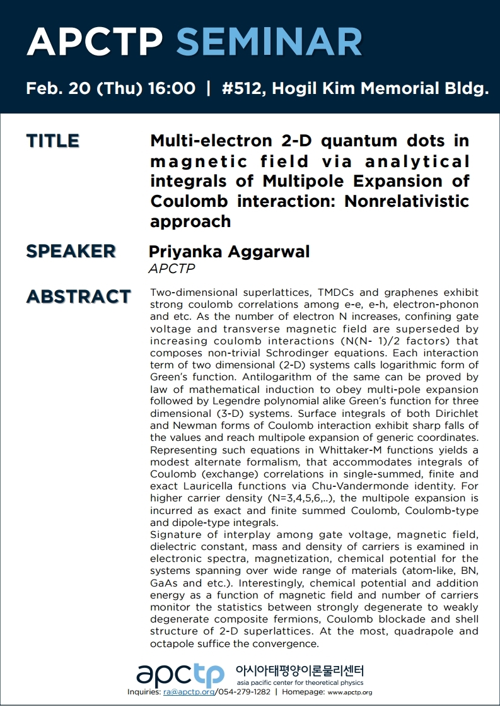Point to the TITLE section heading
(x=53, y=141)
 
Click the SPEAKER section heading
(x=71, y=251)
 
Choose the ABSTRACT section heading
(x=78, y=296)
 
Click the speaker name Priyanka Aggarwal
(x=229, y=252)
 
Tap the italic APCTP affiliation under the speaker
(x=172, y=269)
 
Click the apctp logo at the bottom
(x=180, y=675)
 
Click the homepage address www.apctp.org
(x=350, y=692)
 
